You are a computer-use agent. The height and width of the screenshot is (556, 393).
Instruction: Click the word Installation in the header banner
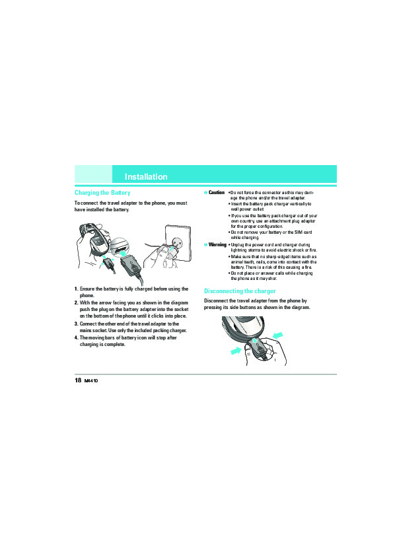point(146,176)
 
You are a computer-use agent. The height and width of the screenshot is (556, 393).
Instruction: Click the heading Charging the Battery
point(102,193)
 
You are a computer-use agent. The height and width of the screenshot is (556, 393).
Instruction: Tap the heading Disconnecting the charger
point(240,291)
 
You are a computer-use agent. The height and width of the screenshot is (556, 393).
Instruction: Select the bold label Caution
point(217,192)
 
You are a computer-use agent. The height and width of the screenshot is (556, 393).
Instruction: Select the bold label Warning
point(217,244)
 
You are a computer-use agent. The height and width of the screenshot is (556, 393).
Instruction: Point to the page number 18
point(78,380)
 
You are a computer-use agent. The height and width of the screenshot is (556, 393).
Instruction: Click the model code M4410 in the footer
point(91,381)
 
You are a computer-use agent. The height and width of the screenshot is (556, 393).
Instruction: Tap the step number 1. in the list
point(76,289)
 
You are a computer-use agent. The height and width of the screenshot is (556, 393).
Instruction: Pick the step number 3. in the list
point(76,324)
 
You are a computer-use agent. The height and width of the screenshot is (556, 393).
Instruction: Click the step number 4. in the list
point(76,337)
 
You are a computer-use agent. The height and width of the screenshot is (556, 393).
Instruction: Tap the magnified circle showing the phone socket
point(118,248)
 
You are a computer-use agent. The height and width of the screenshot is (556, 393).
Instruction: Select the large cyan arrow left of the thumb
point(236,351)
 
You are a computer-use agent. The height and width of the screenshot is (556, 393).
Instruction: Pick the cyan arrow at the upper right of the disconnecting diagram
point(277,335)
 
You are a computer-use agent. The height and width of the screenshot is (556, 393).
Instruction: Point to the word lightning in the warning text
point(238,250)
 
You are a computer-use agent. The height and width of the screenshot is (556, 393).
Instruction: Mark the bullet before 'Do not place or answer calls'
point(229,273)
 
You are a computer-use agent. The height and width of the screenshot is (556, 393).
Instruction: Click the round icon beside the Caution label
point(205,192)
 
